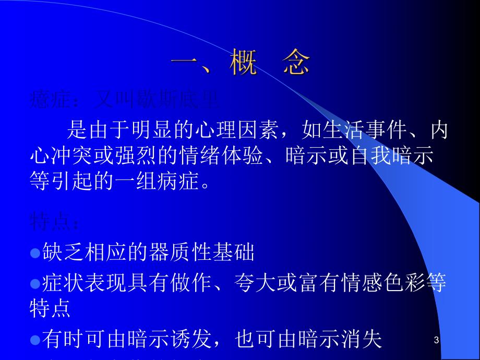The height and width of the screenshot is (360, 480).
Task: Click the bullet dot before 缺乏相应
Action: pos(35,253)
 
